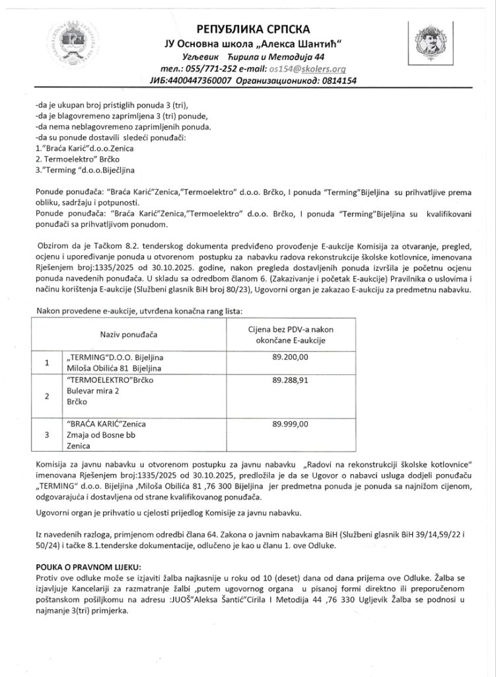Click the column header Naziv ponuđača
(x=127, y=335)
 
